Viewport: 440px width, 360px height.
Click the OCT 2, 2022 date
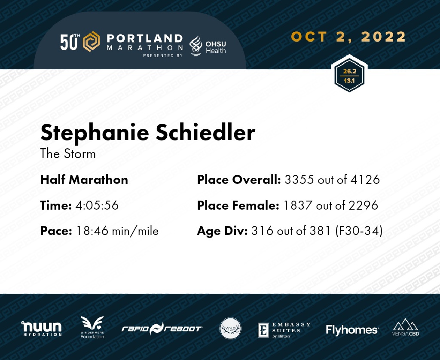[348, 37]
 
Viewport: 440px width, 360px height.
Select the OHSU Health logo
[208, 46]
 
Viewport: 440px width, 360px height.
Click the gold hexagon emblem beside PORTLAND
[91, 42]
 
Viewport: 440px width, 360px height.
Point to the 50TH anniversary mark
[70, 42]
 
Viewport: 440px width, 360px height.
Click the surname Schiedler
[205, 132]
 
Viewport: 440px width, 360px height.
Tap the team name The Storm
[68, 154]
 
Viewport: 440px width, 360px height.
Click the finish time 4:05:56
[97, 205]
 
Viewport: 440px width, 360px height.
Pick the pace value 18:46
[92, 231]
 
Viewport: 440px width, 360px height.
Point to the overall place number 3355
[299, 180]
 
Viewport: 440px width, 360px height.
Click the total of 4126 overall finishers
[365, 180]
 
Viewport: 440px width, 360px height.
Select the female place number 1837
[298, 205]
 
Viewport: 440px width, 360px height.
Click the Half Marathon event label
[84, 180]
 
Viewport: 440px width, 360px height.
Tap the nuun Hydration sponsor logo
[42, 329]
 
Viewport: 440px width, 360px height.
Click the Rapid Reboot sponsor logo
[162, 329]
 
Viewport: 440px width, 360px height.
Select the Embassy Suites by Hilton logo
[284, 330]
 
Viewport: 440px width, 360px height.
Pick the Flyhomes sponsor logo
[352, 330]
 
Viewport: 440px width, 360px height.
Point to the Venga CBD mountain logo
[406, 327]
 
